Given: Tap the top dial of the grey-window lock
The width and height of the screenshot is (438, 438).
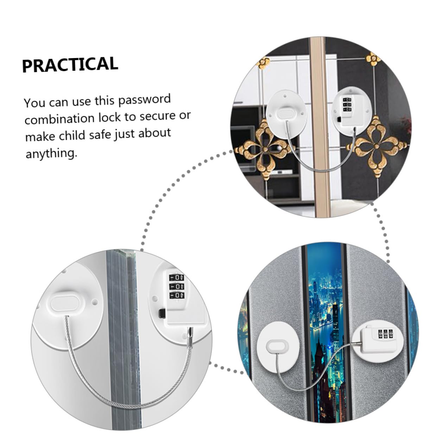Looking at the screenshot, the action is pyautogui.click(x=176, y=278).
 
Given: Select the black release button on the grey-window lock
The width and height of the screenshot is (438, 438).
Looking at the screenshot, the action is pyautogui.click(x=162, y=314).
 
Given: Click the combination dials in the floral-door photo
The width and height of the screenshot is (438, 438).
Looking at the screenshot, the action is pyautogui.click(x=347, y=105).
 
